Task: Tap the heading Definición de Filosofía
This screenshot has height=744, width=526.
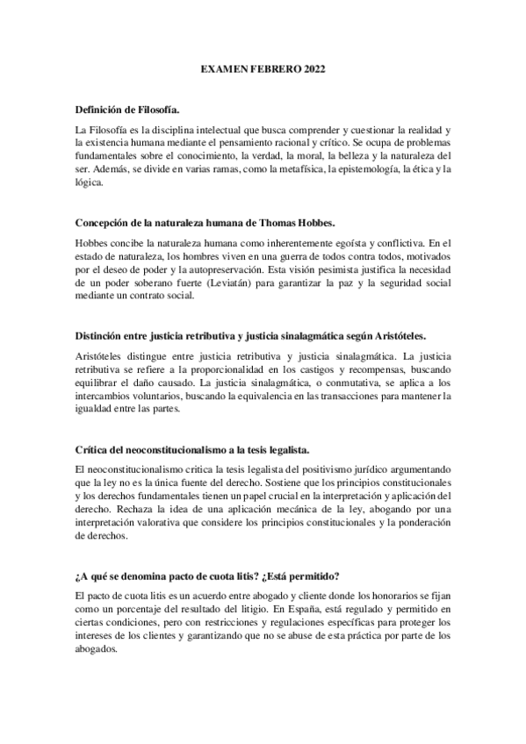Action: pos(127,110)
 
